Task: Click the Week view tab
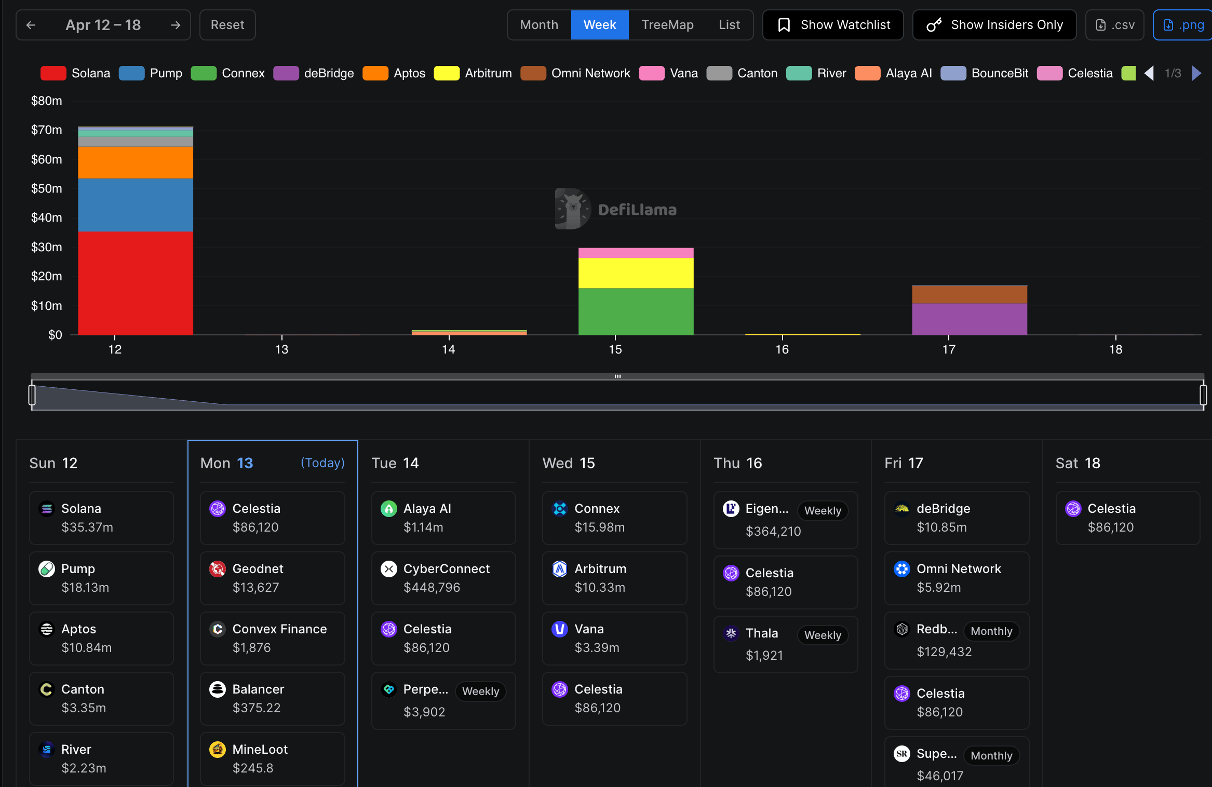pos(599,25)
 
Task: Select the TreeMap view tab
pos(667,25)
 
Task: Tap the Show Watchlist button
pos(833,25)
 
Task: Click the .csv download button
pos(1115,25)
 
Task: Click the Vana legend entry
pos(669,73)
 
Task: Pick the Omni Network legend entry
pos(576,73)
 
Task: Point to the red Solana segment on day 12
pos(136,283)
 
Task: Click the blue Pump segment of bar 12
pos(136,205)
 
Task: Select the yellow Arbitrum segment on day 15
pos(636,273)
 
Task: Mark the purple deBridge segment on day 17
pos(969,319)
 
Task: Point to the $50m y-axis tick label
pos(47,188)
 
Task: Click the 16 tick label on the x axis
pos(782,349)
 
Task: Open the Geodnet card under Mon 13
pos(272,578)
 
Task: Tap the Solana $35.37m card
pos(101,518)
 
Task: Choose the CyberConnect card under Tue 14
pos(443,578)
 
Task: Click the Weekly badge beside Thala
pos(823,635)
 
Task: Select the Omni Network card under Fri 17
pos(957,578)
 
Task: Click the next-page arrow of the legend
pos(1197,73)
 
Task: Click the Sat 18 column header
pos(1078,463)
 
